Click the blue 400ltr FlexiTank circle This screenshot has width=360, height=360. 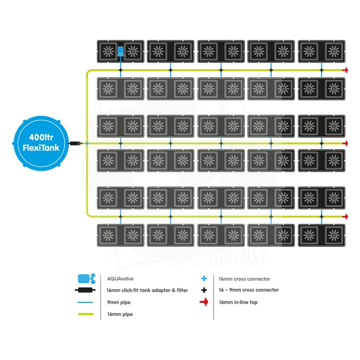[41, 143]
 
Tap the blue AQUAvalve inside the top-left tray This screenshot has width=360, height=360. [120, 51]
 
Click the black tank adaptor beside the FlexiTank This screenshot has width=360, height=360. [75, 144]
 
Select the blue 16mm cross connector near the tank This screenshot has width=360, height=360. [87, 144]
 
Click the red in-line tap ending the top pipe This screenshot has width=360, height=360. [345, 70]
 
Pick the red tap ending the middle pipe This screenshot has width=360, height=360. [345, 144]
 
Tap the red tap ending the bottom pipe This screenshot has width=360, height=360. [345, 216]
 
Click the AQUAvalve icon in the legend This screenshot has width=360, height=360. [86, 278]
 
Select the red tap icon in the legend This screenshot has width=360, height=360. [204, 302]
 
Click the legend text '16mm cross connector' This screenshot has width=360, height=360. [244, 279]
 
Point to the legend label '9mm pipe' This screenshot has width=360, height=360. [119, 302]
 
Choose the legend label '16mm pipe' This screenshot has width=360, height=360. [120, 314]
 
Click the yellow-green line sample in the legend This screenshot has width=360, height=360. [86, 314]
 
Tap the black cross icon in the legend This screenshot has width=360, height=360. [204, 290]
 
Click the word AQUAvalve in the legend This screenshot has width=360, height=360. [120, 279]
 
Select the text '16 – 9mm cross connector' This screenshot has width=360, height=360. [249, 290]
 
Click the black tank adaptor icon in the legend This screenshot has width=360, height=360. [85, 290]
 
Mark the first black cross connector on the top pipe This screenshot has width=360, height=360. [120, 70]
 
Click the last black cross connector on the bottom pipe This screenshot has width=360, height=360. [322, 216]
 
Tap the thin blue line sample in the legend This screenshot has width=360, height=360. [85, 302]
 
